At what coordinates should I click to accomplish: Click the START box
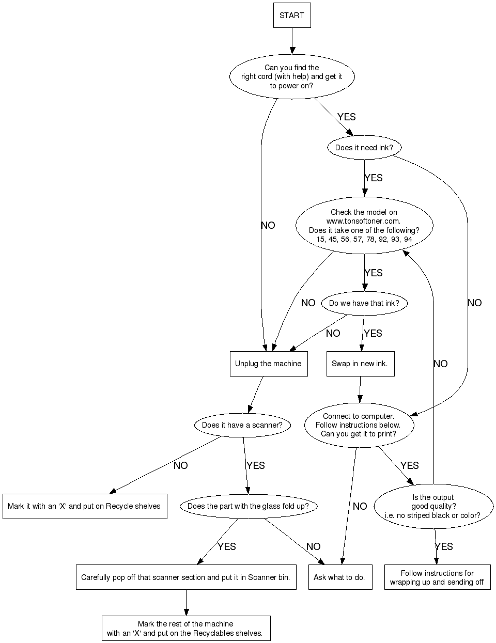291,15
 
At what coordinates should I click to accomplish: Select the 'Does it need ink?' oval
364,148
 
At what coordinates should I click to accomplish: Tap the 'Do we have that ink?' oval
364,303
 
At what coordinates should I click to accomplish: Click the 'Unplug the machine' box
268,364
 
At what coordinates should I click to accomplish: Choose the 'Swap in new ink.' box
360,364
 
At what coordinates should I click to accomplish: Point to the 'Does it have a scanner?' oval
242,425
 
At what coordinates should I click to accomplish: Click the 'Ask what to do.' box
339,577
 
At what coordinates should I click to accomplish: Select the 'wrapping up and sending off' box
437,577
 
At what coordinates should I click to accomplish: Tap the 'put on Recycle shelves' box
84,506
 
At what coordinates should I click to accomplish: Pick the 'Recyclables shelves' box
185,628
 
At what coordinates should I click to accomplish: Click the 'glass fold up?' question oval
248,506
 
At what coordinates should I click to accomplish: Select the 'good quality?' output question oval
433,506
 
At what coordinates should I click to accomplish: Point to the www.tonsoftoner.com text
364,221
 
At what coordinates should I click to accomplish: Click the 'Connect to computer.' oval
359,425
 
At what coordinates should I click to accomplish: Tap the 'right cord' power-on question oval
291,76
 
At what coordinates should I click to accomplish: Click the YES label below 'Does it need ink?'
373,178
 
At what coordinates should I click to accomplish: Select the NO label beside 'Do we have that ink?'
333,334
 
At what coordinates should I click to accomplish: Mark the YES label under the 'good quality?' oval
444,547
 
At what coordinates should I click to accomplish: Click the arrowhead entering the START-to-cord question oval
292,51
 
